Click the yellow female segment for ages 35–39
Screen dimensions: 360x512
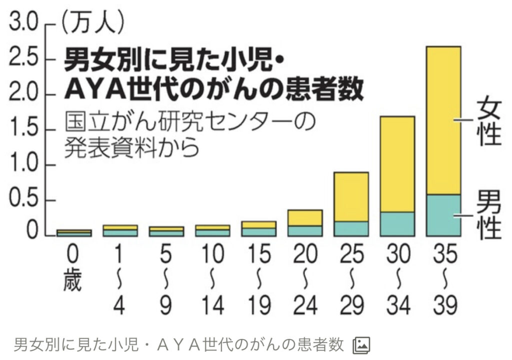coord(443,120)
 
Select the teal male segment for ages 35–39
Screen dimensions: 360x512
coord(443,215)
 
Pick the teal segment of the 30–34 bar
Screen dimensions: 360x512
coord(397,223)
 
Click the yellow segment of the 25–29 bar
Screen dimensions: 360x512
coord(351,196)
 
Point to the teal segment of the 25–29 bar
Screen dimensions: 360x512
coord(351,228)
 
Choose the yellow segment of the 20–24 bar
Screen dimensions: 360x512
coord(305,217)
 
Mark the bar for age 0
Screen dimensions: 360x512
coord(74,232)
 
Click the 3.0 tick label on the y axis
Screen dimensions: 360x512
coord(22,24)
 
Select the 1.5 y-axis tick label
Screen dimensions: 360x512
coord(22,129)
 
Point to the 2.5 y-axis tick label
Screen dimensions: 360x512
coord(22,59)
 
